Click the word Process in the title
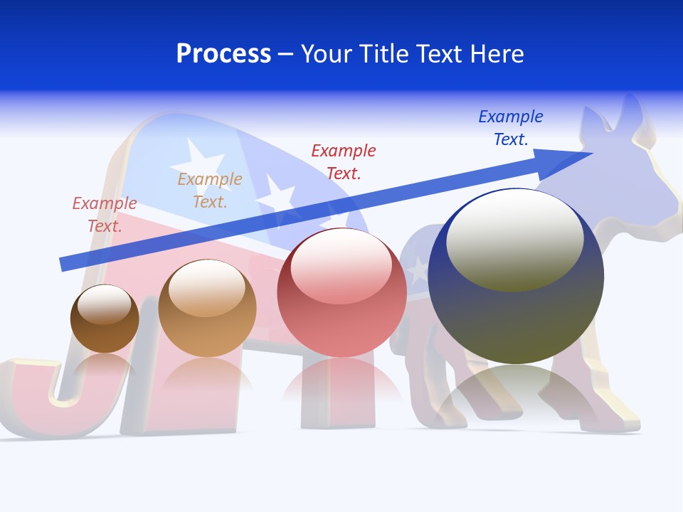(x=223, y=54)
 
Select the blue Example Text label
(x=510, y=128)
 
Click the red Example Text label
(x=344, y=161)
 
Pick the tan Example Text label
(x=210, y=191)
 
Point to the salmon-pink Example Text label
(x=105, y=215)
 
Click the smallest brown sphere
(x=105, y=319)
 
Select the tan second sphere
(x=207, y=308)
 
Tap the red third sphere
(x=341, y=292)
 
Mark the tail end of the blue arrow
(x=64, y=265)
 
